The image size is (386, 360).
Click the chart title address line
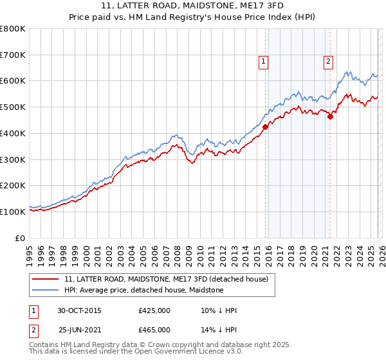coord(192,5)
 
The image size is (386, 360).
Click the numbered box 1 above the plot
coord(264,62)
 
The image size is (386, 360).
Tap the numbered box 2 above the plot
coord(328,62)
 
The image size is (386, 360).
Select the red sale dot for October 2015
coord(265,127)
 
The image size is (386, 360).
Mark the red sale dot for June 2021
coord(330,116)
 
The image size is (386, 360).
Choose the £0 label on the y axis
coord(21,238)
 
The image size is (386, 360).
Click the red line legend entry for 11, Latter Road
coord(170,279)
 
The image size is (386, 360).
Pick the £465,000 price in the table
coord(154,329)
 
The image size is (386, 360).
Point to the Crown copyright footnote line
coord(151,345)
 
